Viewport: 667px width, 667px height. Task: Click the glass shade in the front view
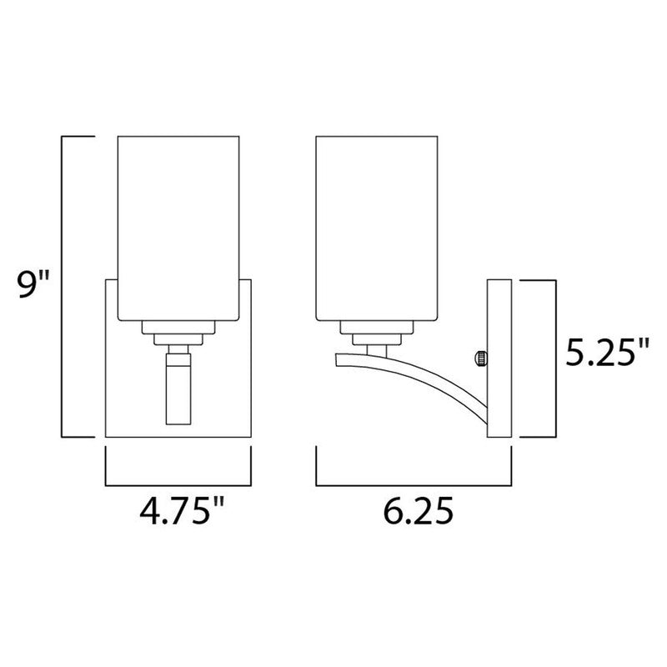[177, 225]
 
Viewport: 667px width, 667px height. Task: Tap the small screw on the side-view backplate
[479, 359]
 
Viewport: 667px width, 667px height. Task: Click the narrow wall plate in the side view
[499, 359]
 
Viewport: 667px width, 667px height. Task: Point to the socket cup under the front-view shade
[177, 330]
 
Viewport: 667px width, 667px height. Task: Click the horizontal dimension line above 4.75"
[177, 484]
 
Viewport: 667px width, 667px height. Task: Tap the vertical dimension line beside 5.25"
[554, 359]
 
